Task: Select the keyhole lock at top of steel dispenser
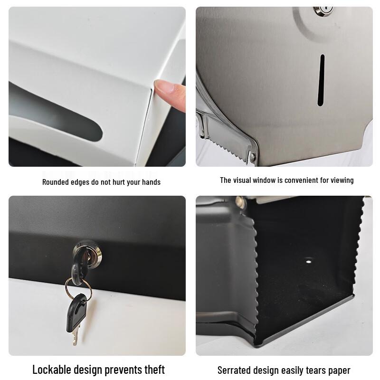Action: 323,9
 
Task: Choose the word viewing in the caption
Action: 341,180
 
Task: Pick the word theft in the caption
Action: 153,370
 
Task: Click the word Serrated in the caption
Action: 235,370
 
